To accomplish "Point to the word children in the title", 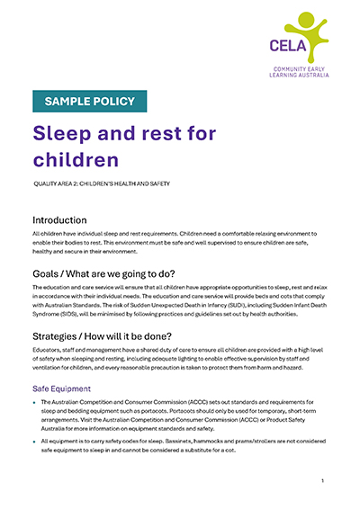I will click(x=76, y=160).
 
